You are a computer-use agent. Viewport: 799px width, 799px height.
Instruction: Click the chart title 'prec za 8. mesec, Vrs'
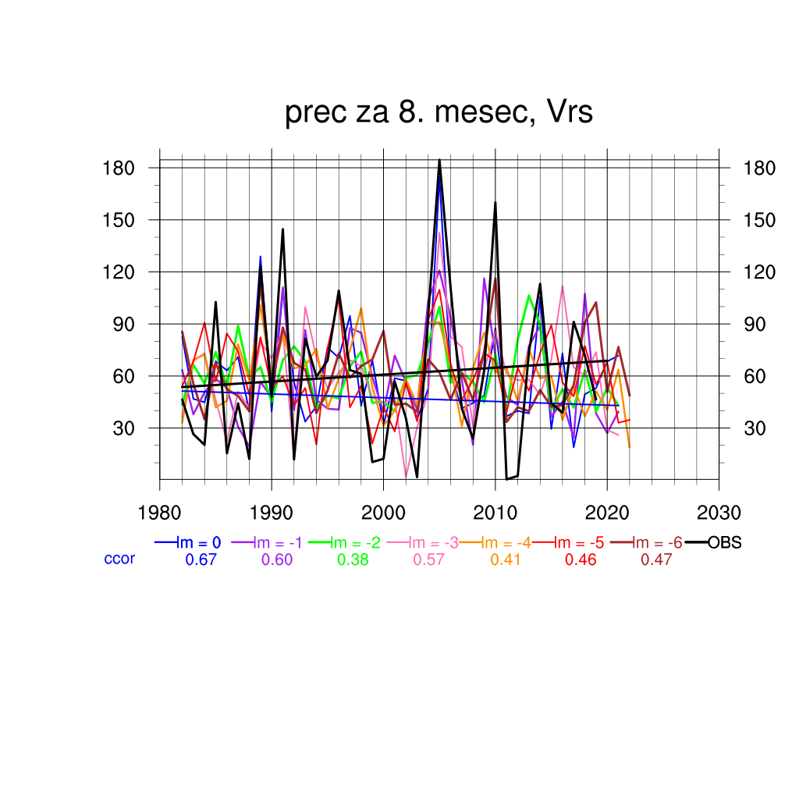[x=439, y=113]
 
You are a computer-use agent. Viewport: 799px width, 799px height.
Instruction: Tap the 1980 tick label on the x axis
[x=160, y=513]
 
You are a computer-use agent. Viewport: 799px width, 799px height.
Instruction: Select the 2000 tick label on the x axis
[x=383, y=513]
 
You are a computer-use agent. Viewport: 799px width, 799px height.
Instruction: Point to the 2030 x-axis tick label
[x=719, y=513]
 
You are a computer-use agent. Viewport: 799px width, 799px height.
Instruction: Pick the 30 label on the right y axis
[x=757, y=428]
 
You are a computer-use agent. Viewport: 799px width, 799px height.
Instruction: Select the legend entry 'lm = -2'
[x=350, y=543]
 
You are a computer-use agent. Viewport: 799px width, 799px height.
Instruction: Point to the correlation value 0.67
[x=201, y=559]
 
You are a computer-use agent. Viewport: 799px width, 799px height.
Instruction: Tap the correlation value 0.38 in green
[x=353, y=559]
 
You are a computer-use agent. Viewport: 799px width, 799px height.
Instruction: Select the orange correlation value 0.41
[x=506, y=559]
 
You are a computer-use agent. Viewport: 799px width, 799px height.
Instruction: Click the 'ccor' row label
[x=119, y=559]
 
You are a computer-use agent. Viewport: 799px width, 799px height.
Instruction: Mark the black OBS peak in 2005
[x=439, y=160]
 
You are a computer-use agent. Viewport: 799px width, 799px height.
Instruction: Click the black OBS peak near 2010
[x=495, y=203]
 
